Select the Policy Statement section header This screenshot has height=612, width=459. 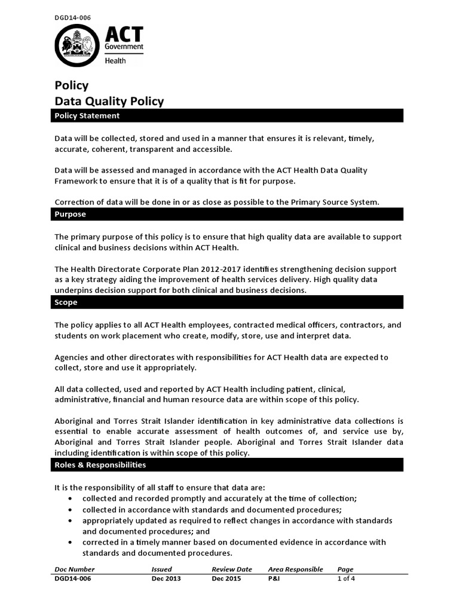coord(87,116)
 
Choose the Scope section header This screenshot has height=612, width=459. coord(66,302)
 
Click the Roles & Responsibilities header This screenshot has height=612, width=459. coord(100,464)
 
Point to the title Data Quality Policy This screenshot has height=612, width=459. coord(109,101)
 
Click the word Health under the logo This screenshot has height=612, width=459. coord(115,60)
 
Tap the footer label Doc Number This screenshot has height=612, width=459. coord(75,569)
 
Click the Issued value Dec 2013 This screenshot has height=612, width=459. coord(166,579)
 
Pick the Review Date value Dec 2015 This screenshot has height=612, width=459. coord(227,579)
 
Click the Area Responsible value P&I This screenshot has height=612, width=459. coord(274,579)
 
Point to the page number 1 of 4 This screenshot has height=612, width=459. coord(347,579)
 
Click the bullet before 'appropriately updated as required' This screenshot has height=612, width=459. coord(72,521)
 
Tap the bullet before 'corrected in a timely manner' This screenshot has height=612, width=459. coord(72,542)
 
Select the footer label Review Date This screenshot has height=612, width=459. coord(232,569)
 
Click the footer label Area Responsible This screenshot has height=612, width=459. coord(295,569)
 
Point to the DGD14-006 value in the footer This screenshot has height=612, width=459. coord(73,579)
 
